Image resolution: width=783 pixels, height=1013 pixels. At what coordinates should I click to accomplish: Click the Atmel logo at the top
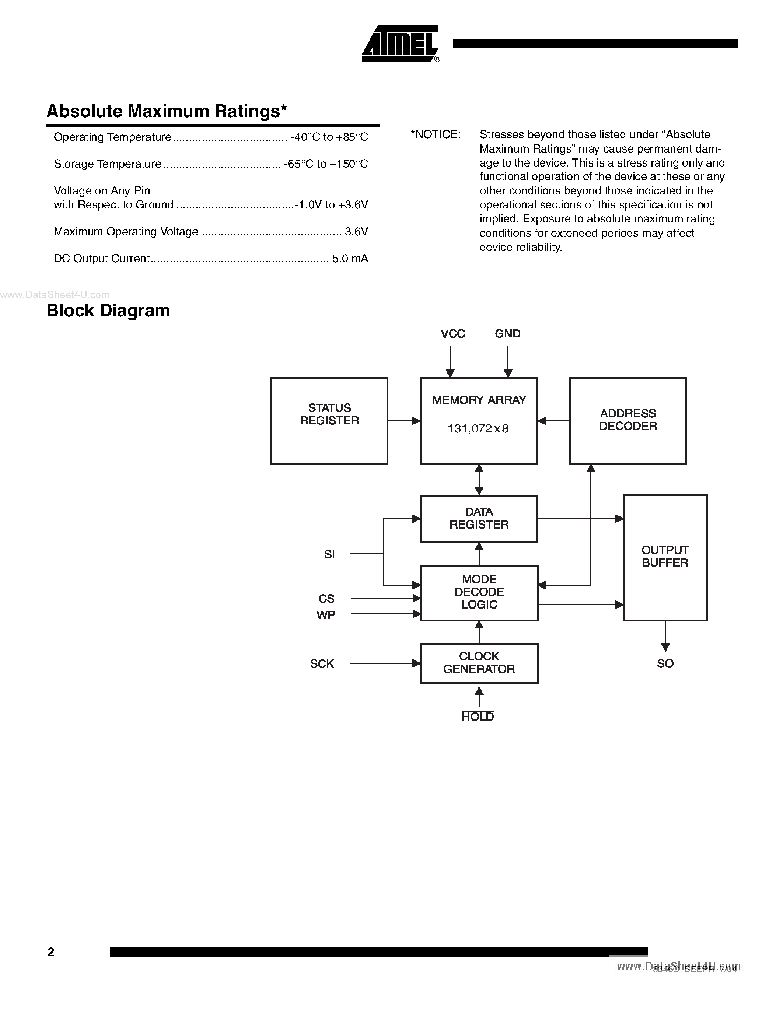[x=399, y=43]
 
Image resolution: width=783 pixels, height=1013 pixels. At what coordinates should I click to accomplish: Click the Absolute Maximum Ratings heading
[x=167, y=111]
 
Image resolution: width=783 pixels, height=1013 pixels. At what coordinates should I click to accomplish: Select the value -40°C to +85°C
[x=329, y=137]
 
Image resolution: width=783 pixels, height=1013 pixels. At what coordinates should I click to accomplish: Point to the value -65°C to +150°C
[x=326, y=164]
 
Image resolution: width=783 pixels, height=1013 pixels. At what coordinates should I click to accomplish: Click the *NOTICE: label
[x=436, y=134]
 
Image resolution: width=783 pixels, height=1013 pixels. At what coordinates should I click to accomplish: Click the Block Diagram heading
[x=108, y=310]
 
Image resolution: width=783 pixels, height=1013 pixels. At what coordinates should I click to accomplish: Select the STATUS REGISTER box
[x=329, y=420]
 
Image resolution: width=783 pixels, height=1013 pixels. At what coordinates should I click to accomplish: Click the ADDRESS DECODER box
[x=628, y=420]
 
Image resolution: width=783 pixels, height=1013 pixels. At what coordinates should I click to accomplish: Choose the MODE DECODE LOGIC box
[x=479, y=592]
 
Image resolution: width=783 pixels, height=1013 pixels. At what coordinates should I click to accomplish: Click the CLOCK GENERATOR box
[x=479, y=663]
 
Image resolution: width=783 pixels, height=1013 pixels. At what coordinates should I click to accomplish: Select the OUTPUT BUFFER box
[x=665, y=557]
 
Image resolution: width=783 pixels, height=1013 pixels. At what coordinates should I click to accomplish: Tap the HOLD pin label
[x=477, y=716]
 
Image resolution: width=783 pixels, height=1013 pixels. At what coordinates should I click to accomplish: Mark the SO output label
[x=665, y=664]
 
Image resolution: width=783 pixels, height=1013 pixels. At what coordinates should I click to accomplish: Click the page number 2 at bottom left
[x=51, y=952]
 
